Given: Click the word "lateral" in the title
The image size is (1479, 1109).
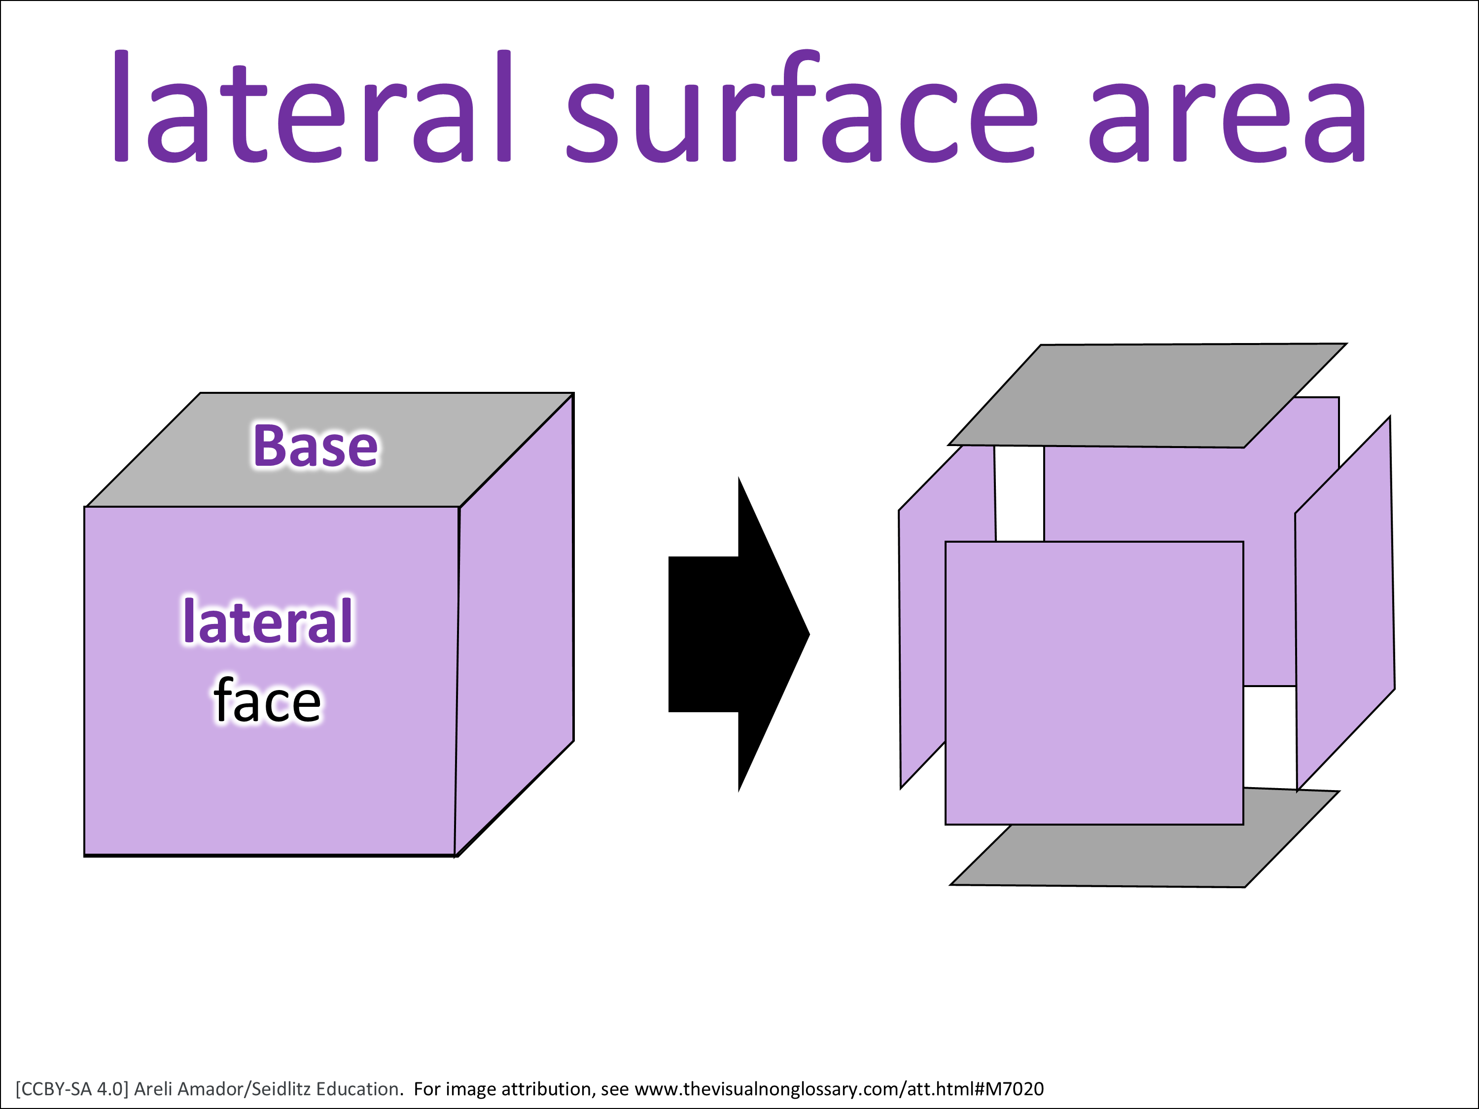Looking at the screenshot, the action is [313, 105].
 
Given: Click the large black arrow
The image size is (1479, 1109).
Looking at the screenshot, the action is [739, 634].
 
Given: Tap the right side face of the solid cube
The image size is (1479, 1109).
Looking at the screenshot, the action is [515, 625].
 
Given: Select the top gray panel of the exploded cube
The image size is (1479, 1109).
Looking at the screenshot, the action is [1147, 396].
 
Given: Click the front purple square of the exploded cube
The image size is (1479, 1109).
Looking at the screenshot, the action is [1094, 683].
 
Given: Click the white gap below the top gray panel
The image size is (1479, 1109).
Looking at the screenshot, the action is [1020, 493].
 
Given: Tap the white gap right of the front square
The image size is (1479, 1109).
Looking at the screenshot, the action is [1269, 737].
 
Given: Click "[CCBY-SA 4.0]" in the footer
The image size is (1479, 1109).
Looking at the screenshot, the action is [71, 1089].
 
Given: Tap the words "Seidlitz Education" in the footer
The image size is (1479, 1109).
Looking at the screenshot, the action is [326, 1089].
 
